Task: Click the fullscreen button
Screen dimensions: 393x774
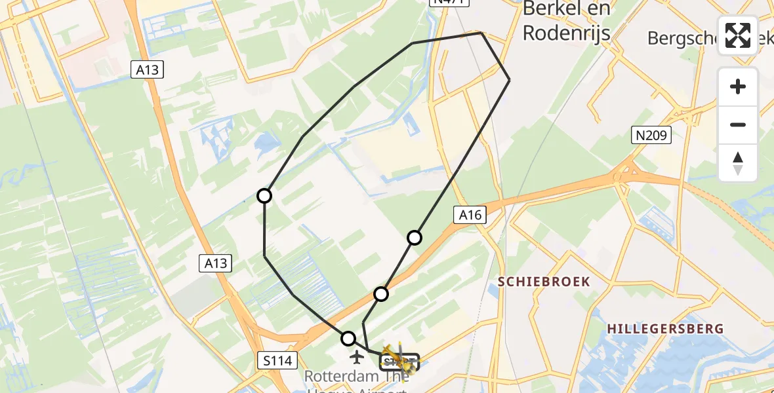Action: pyautogui.click(x=738, y=35)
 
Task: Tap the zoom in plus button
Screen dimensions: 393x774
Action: pyautogui.click(x=738, y=86)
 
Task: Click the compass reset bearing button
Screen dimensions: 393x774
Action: pyautogui.click(x=738, y=163)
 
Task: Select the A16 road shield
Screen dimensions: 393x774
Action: pyautogui.click(x=470, y=215)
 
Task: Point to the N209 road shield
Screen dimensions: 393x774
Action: pyautogui.click(x=651, y=136)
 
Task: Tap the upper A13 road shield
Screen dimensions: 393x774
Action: pyautogui.click(x=147, y=69)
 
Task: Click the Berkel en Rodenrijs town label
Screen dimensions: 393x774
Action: pyautogui.click(x=567, y=20)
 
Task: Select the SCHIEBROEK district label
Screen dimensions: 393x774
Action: pyautogui.click(x=544, y=282)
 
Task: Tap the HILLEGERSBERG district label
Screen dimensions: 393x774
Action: pyautogui.click(x=664, y=329)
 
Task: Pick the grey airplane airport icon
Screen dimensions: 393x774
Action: pyautogui.click(x=356, y=357)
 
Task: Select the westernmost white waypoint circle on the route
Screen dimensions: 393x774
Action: pyautogui.click(x=264, y=196)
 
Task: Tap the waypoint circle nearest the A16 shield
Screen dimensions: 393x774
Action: pyautogui.click(x=414, y=238)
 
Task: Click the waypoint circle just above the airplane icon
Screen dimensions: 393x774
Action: pyautogui.click(x=348, y=338)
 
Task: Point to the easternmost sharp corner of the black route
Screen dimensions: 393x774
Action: pyautogui.click(x=510, y=80)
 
